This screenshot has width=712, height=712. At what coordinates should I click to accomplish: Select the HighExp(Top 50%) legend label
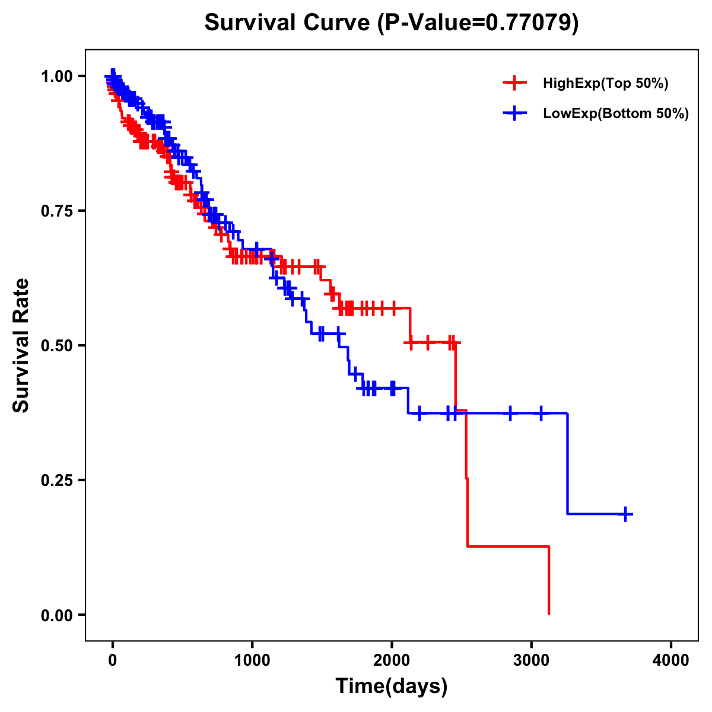coord(606,84)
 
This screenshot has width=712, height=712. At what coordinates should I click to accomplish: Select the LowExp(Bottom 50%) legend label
coord(616,114)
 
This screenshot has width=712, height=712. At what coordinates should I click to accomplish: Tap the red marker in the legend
coord(514,83)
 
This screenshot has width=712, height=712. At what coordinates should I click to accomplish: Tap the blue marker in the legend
coord(514,113)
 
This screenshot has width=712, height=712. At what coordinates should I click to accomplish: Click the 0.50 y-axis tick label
coord(56,346)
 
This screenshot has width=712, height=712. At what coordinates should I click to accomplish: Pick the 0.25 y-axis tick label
coord(56,481)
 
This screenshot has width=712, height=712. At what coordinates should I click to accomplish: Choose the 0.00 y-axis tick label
coord(56,615)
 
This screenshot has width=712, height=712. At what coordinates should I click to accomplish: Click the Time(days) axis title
coord(392,686)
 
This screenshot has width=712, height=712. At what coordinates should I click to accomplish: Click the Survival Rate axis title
coord(21,345)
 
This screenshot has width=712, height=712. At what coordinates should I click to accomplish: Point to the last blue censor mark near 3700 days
coord(625,514)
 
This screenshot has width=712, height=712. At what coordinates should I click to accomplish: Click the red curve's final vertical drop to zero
coord(549,581)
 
